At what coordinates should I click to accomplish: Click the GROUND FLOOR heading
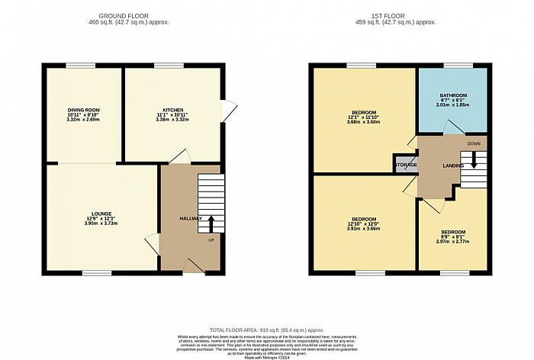[x=134, y=15]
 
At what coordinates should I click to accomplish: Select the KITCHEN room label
[x=173, y=111]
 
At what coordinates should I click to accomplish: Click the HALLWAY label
[x=190, y=219]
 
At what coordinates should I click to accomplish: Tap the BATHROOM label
[x=452, y=97]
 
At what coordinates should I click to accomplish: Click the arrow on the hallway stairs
[x=211, y=222]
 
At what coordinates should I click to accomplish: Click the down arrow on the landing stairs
[x=473, y=159]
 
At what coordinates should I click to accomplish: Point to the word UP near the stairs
[x=211, y=240]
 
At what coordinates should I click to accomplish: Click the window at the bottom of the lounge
[x=94, y=272]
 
